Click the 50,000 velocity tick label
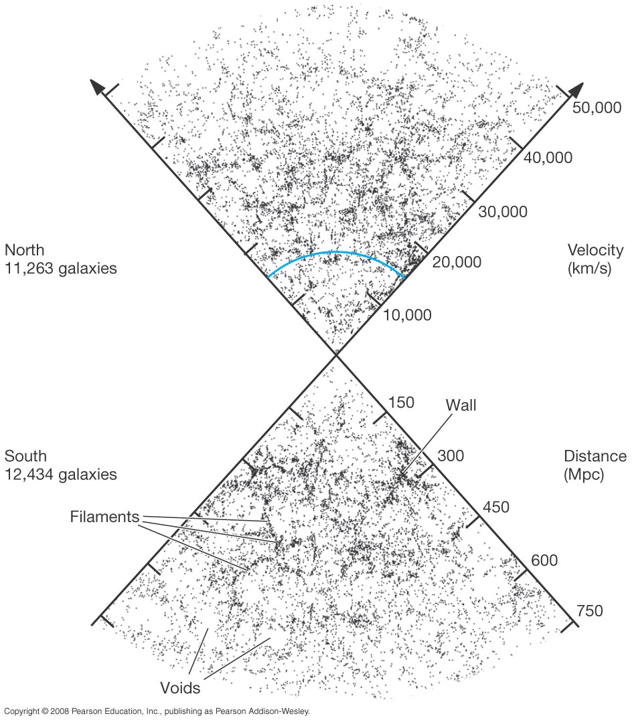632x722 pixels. pos(597,108)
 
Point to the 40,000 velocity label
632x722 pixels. pos(548,158)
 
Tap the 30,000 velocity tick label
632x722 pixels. pos(503,212)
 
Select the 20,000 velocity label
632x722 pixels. pos(457,262)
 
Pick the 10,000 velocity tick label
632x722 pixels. pos(408,316)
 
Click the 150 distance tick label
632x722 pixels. pos(401,402)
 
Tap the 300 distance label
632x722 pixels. pos(451,455)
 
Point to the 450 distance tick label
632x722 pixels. pos(496,507)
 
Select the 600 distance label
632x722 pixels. pos(544,560)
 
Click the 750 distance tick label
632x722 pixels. pos(590,611)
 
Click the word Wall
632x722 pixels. pos(461,405)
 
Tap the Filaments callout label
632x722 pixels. pos(104,517)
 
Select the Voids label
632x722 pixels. pos(180,688)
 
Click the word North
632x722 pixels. pos(24,250)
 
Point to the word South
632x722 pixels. pos(26,456)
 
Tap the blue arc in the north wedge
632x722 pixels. pos(335,252)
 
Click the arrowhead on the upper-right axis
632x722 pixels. pos(576,90)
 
